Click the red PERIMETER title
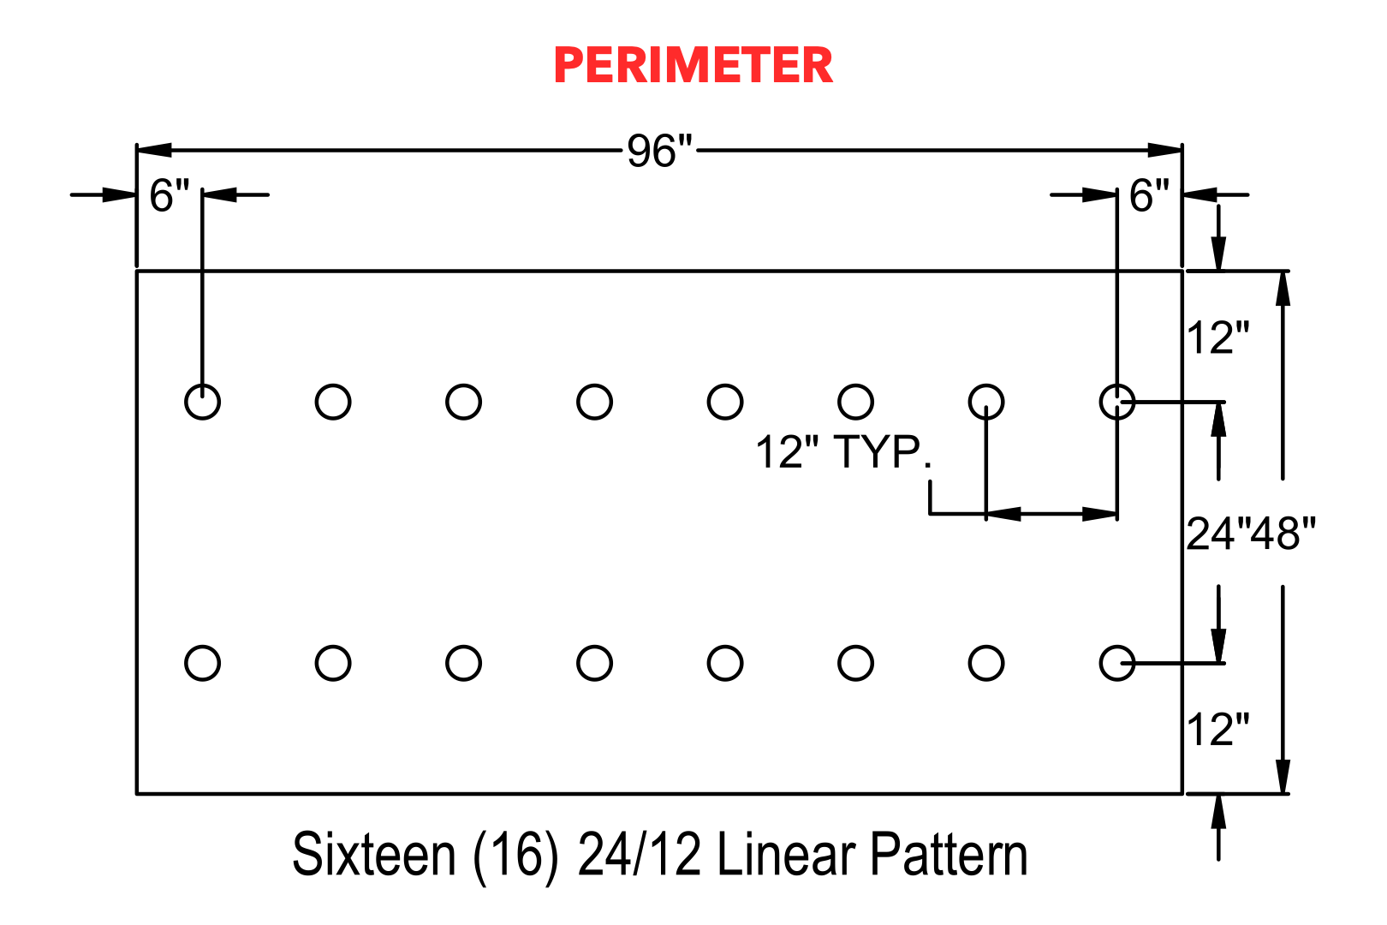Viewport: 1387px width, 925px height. pyautogui.click(x=693, y=65)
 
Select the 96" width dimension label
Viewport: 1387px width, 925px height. pyautogui.click(x=659, y=151)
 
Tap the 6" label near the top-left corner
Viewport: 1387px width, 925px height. pyautogui.click(x=169, y=195)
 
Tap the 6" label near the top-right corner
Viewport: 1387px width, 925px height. pyautogui.click(x=1149, y=195)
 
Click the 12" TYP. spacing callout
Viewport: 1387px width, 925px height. pyautogui.click(x=844, y=452)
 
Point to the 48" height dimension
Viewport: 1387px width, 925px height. pyautogui.click(x=1283, y=534)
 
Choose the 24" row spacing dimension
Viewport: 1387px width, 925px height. pyautogui.click(x=1217, y=534)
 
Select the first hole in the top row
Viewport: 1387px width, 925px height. pyautogui.click(x=202, y=385)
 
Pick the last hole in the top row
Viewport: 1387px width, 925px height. pyautogui.click(x=1117, y=385)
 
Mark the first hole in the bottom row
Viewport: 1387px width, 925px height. pyautogui.click(x=202, y=646)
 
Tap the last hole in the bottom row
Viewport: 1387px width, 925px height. pyautogui.click(x=1117, y=646)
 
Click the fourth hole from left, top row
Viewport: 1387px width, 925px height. pyautogui.click(x=594, y=385)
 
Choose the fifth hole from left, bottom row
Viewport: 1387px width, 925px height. pyautogui.click(x=725, y=646)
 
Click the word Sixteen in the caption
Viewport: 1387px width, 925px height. pyautogui.click(x=374, y=855)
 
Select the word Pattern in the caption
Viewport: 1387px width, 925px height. pyautogui.click(x=949, y=855)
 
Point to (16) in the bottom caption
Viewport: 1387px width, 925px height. pyautogui.click(x=515, y=856)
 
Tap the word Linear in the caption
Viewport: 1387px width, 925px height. pyautogui.click(x=786, y=855)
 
